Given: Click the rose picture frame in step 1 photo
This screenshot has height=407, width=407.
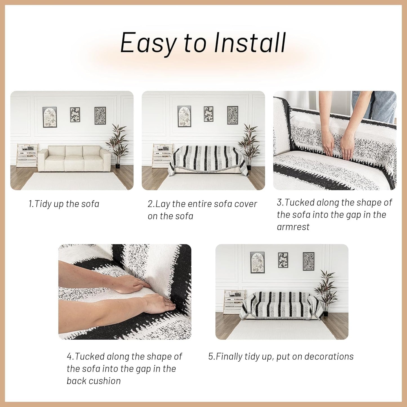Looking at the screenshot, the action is (50, 117).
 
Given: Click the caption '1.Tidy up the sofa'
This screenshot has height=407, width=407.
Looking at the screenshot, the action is (64, 204).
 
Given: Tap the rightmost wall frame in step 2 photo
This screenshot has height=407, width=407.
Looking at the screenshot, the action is (233, 115).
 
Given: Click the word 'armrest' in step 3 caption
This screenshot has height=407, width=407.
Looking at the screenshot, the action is (293, 227).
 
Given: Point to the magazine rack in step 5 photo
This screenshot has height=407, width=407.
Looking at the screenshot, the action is (234, 302).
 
